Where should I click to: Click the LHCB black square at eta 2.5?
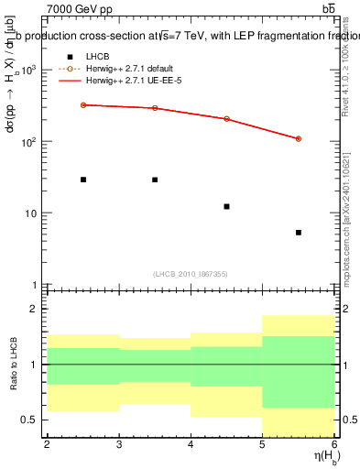pos(82,180)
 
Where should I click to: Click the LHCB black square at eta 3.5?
pos(155,180)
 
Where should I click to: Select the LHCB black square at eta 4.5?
pos(226,206)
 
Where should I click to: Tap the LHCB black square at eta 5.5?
pos(299,233)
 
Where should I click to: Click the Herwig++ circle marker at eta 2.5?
pos(82,104)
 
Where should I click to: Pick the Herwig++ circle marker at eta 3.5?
pos(155,108)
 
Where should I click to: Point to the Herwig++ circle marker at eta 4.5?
pos(226,118)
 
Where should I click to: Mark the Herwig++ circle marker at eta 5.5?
pos(299,138)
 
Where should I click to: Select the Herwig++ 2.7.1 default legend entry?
pos(128,69)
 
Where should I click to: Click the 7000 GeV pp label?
pos(79,8)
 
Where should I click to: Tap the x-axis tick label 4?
pos(191,445)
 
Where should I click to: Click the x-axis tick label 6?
pos(334,445)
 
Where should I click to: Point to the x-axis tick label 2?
pos(47,445)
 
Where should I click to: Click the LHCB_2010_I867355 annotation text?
pos(191,274)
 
